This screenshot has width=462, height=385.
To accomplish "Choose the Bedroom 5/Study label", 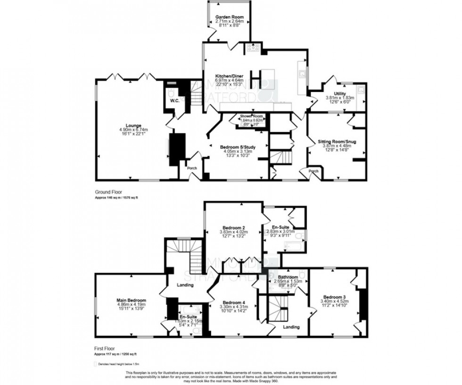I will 238,147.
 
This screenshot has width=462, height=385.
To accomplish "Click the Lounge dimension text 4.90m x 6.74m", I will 134,130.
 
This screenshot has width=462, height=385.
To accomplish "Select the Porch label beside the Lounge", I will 192,168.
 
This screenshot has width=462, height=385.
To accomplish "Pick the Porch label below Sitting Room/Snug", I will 313,171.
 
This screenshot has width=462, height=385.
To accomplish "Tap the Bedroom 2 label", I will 233,226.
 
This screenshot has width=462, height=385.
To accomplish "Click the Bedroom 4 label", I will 234,302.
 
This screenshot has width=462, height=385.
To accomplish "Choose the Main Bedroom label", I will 132,300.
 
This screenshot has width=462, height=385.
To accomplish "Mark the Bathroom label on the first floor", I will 288,277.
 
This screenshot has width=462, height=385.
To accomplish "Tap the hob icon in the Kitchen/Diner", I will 252,47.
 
